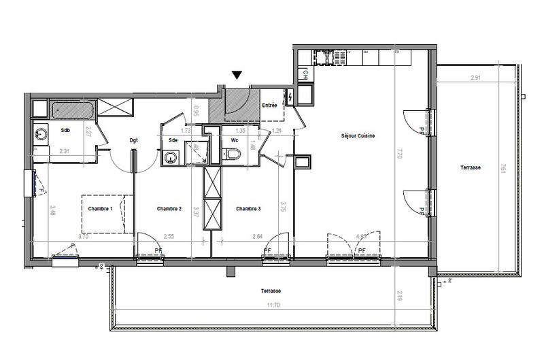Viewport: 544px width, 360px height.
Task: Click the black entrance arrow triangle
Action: (x=237, y=75)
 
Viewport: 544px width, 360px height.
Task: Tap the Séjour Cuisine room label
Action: (x=358, y=136)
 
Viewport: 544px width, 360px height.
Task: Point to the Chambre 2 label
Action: (x=169, y=208)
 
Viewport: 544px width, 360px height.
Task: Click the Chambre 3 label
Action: (x=248, y=208)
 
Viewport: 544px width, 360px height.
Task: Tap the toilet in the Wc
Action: (x=232, y=155)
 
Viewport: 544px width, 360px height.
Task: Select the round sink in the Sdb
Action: (x=41, y=134)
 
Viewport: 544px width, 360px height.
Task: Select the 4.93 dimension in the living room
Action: (x=363, y=238)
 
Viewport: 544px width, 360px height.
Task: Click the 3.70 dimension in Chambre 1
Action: (x=64, y=238)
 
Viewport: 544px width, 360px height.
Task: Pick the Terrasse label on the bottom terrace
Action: (x=271, y=291)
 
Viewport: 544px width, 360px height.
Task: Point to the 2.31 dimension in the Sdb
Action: (x=65, y=150)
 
